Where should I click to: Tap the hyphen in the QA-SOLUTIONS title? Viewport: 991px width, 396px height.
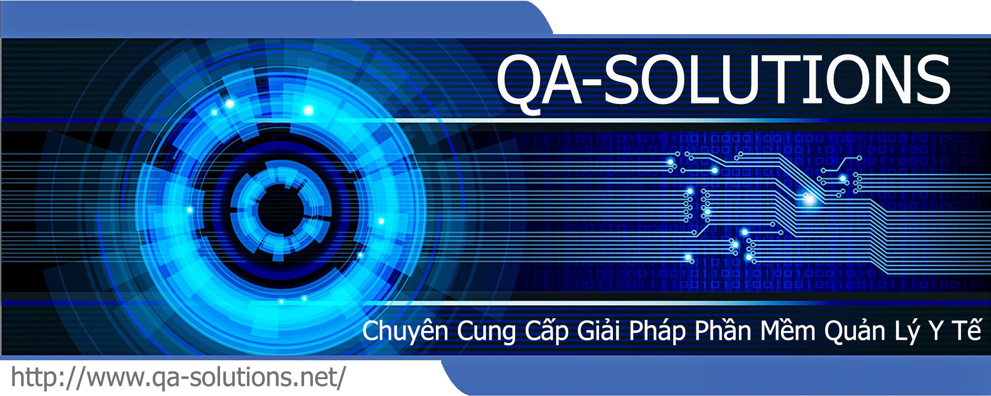point(592,83)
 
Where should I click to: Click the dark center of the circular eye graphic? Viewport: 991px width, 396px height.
point(281,209)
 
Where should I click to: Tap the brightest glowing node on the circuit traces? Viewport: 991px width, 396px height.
point(809,199)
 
